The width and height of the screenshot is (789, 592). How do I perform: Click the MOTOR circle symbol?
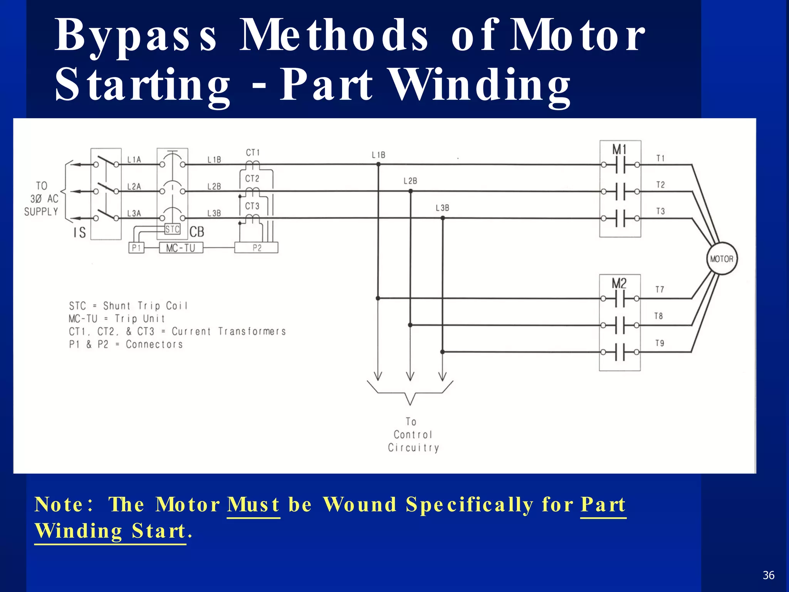click(722, 259)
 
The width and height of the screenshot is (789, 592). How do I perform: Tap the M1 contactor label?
click(619, 150)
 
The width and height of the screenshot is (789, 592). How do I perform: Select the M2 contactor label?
click(619, 284)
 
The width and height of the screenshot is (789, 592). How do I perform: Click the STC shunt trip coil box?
click(172, 229)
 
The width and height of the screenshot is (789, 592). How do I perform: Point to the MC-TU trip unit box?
click(181, 248)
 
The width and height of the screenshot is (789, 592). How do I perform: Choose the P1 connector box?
click(136, 248)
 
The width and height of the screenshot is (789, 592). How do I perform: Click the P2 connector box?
click(257, 248)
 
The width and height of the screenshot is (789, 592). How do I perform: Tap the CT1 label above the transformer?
click(253, 153)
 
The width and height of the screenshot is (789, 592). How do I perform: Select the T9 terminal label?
click(660, 343)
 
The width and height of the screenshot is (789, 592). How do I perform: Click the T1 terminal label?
click(660, 158)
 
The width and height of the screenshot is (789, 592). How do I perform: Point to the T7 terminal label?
click(660, 289)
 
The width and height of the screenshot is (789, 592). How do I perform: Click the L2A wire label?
click(134, 187)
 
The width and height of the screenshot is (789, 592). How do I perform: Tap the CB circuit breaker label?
click(197, 232)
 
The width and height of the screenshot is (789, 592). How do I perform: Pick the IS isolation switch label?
click(80, 232)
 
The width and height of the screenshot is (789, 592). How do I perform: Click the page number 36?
click(768, 575)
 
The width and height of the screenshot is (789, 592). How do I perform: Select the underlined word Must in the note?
click(253, 505)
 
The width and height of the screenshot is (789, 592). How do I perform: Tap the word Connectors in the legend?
click(154, 344)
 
